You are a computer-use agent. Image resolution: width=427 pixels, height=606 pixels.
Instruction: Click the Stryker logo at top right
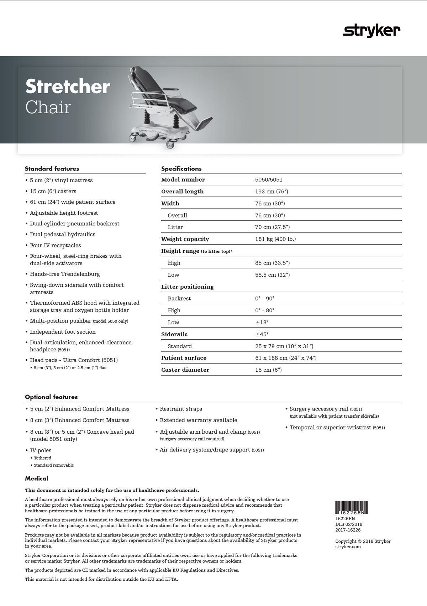(x=371, y=31)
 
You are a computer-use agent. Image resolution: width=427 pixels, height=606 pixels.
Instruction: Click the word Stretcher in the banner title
(x=68, y=87)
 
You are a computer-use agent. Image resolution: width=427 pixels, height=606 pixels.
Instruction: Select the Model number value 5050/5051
(x=269, y=180)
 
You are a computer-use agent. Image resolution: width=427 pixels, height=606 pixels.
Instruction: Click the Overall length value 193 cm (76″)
(x=272, y=192)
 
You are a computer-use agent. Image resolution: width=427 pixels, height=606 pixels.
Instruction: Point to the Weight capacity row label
(x=185, y=239)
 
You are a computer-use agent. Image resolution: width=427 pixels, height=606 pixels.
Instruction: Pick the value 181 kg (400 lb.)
(x=275, y=239)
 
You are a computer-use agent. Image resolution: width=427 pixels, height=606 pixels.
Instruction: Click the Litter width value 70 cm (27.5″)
(x=272, y=227)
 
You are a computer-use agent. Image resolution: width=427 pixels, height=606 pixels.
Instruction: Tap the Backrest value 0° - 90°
(x=265, y=298)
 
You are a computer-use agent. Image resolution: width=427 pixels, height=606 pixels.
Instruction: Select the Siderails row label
(x=174, y=334)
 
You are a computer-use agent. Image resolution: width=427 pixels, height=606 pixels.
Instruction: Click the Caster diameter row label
(x=185, y=370)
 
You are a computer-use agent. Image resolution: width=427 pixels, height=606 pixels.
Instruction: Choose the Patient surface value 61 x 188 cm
(x=286, y=358)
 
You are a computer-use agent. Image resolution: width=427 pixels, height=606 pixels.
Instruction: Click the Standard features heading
(x=52, y=169)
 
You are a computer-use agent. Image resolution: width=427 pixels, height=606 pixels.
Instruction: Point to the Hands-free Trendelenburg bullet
(x=65, y=274)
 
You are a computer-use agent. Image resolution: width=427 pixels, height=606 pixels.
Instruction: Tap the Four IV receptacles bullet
(x=55, y=245)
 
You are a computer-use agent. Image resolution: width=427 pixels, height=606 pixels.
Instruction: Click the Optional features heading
(x=51, y=397)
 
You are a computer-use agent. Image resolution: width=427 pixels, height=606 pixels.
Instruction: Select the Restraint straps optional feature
(x=181, y=409)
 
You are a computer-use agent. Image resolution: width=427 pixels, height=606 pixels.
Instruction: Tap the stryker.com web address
(x=348, y=547)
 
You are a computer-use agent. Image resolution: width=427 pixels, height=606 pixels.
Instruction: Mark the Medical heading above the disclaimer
(x=36, y=479)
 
